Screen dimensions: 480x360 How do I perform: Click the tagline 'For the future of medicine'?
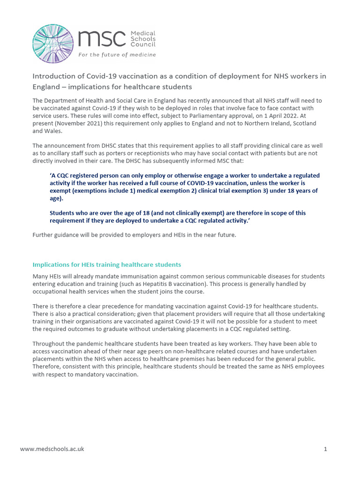point(117,55)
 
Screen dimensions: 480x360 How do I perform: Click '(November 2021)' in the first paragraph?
point(76,123)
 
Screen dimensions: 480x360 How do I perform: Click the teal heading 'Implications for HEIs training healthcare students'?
point(107,265)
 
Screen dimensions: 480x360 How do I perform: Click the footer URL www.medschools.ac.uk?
point(52,449)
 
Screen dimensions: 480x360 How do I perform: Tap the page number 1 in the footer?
point(325,449)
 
